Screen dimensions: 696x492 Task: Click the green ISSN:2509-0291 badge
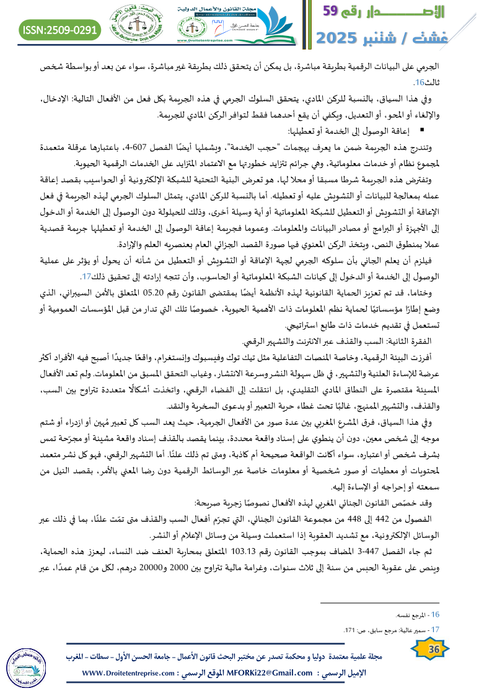point(61,29)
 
